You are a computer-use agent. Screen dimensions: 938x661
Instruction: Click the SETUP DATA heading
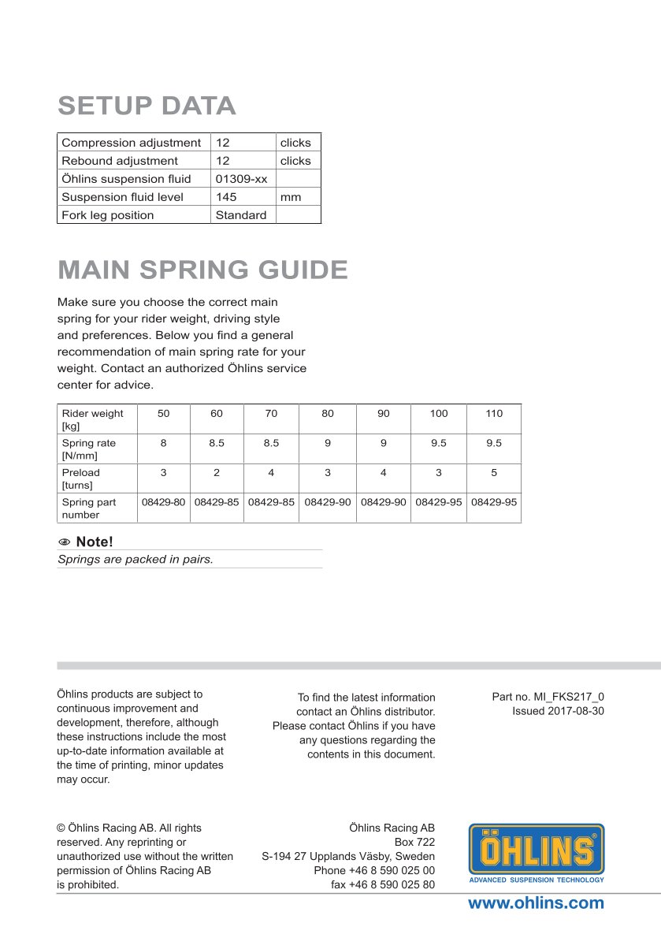[147, 106]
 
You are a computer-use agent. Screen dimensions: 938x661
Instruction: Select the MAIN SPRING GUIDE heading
[202, 270]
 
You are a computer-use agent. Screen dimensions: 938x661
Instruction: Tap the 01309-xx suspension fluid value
[241, 179]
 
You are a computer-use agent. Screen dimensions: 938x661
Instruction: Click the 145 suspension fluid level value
[226, 197]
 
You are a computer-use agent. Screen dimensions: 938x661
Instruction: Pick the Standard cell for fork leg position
[240, 215]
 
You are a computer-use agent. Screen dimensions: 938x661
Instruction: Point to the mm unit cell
[291, 197]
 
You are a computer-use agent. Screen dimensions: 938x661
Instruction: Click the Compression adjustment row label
[131, 143]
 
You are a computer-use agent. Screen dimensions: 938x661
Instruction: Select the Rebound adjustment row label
[120, 161]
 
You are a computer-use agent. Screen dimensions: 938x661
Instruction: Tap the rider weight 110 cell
[494, 414]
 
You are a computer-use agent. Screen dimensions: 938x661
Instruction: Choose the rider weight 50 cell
[163, 414]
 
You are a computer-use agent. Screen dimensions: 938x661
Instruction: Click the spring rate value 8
[163, 443]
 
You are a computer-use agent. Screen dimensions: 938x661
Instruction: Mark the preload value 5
[494, 473]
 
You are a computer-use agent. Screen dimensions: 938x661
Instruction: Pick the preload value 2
[217, 473]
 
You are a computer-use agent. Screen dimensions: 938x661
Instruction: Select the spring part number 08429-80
[163, 502]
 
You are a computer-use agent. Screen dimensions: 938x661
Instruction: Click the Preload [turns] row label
[82, 478]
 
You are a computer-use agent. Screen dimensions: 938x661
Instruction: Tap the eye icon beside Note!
[65, 542]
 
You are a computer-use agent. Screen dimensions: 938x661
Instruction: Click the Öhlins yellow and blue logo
[537, 852]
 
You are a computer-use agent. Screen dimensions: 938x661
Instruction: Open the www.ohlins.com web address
[536, 903]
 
